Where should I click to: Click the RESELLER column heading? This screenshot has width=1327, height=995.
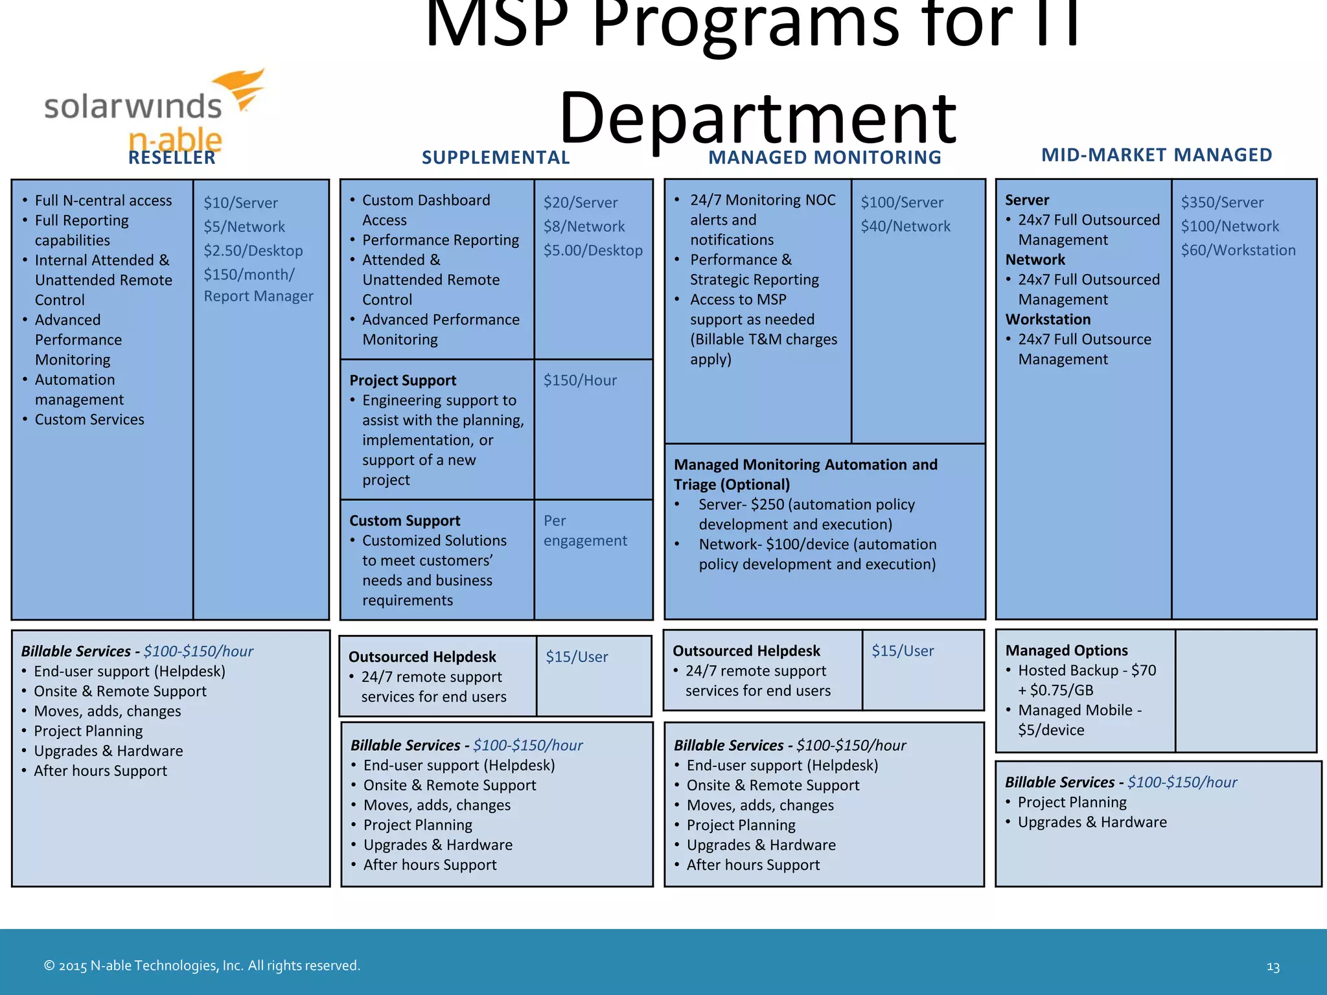point(172,157)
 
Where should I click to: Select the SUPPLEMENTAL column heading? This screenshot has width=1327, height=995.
point(496,157)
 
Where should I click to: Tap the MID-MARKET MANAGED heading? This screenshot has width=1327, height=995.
point(1157,155)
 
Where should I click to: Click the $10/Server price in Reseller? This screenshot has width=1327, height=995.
point(240,203)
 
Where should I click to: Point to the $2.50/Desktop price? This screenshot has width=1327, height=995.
point(253,251)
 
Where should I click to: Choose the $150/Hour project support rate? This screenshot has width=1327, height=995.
point(580,380)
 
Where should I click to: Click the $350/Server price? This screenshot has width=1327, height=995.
point(1222,202)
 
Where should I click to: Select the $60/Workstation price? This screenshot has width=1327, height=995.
point(1238,250)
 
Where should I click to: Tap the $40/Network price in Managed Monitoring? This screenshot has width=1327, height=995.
point(905,226)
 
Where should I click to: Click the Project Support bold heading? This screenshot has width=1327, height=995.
point(402,380)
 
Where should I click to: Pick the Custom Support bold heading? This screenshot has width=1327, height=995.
point(404,521)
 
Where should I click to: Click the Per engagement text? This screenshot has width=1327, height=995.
point(584,531)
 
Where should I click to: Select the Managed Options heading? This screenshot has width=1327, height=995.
point(1066,650)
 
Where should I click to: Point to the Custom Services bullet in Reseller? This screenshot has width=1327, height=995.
point(89,420)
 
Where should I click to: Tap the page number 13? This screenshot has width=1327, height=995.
point(1273,967)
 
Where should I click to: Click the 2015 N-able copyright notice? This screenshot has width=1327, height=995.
point(202,966)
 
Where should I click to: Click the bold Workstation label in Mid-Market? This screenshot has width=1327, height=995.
point(1048,319)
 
